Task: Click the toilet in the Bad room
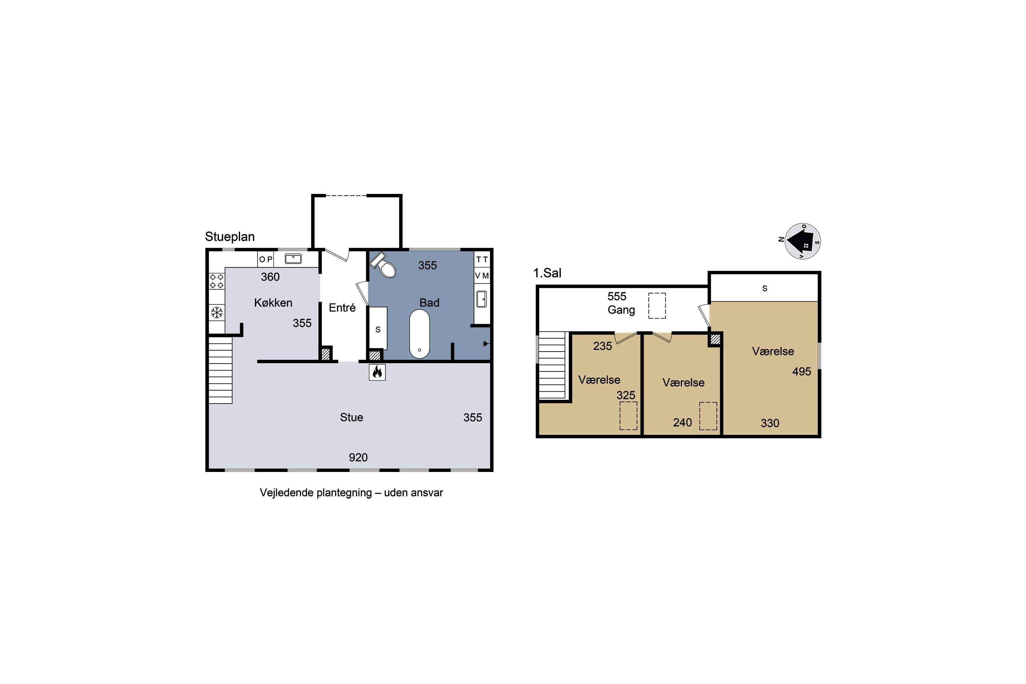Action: (x=383, y=265)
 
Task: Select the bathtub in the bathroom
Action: (x=419, y=334)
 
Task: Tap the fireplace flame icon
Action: (x=377, y=372)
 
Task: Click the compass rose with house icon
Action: (x=802, y=241)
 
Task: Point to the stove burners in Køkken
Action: (x=217, y=281)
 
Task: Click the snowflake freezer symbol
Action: (x=217, y=312)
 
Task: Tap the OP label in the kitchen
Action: (x=266, y=259)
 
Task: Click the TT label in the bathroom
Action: (x=482, y=260)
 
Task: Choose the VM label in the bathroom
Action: (x=482, y=276)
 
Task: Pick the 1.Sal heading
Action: (x=547, y=273)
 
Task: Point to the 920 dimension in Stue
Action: (x=358, y=457)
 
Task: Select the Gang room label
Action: (x=621, y=310)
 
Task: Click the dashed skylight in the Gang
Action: (x=657, y=306)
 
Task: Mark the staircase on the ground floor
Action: (x=220, y=370)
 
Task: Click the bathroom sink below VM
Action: (x=482, y=299)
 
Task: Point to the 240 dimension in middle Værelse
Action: (x=682, y=422)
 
